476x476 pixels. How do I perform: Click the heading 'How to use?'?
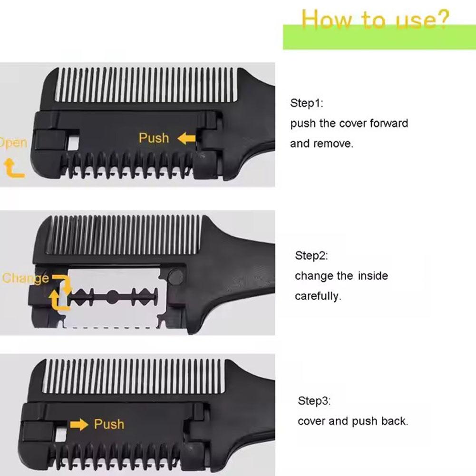point(375,20)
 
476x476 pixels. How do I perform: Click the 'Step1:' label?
point(306,104)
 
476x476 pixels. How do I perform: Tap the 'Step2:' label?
point(311,256)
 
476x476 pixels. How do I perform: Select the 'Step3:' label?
point(314,401)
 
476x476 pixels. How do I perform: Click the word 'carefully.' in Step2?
point(318,296)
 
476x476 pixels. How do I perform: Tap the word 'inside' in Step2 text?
point(373,276)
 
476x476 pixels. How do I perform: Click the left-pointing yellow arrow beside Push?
point(186,138)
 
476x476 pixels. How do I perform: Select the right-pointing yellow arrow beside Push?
point(79,424)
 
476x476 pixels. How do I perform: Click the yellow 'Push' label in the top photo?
point(154,138)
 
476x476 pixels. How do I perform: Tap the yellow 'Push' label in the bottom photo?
point(109,424)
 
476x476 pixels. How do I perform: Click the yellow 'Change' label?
point(25,278)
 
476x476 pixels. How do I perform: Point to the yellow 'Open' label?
point(13,143)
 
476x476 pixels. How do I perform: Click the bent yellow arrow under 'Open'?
point(13,169)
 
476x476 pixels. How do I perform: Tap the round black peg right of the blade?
point(175,276)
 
